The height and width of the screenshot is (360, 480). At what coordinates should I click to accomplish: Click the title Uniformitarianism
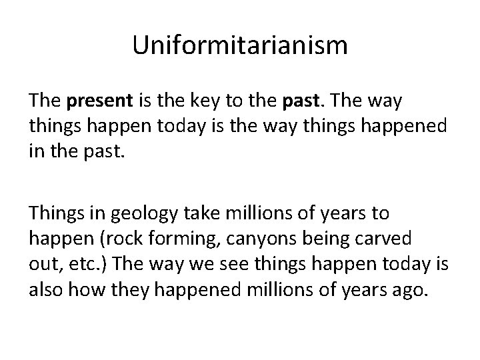tap(240, 46)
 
